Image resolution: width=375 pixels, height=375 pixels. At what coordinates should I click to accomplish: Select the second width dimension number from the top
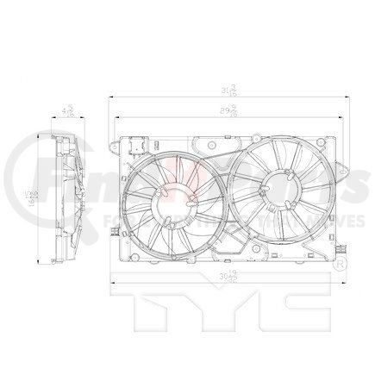coord(229,110)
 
